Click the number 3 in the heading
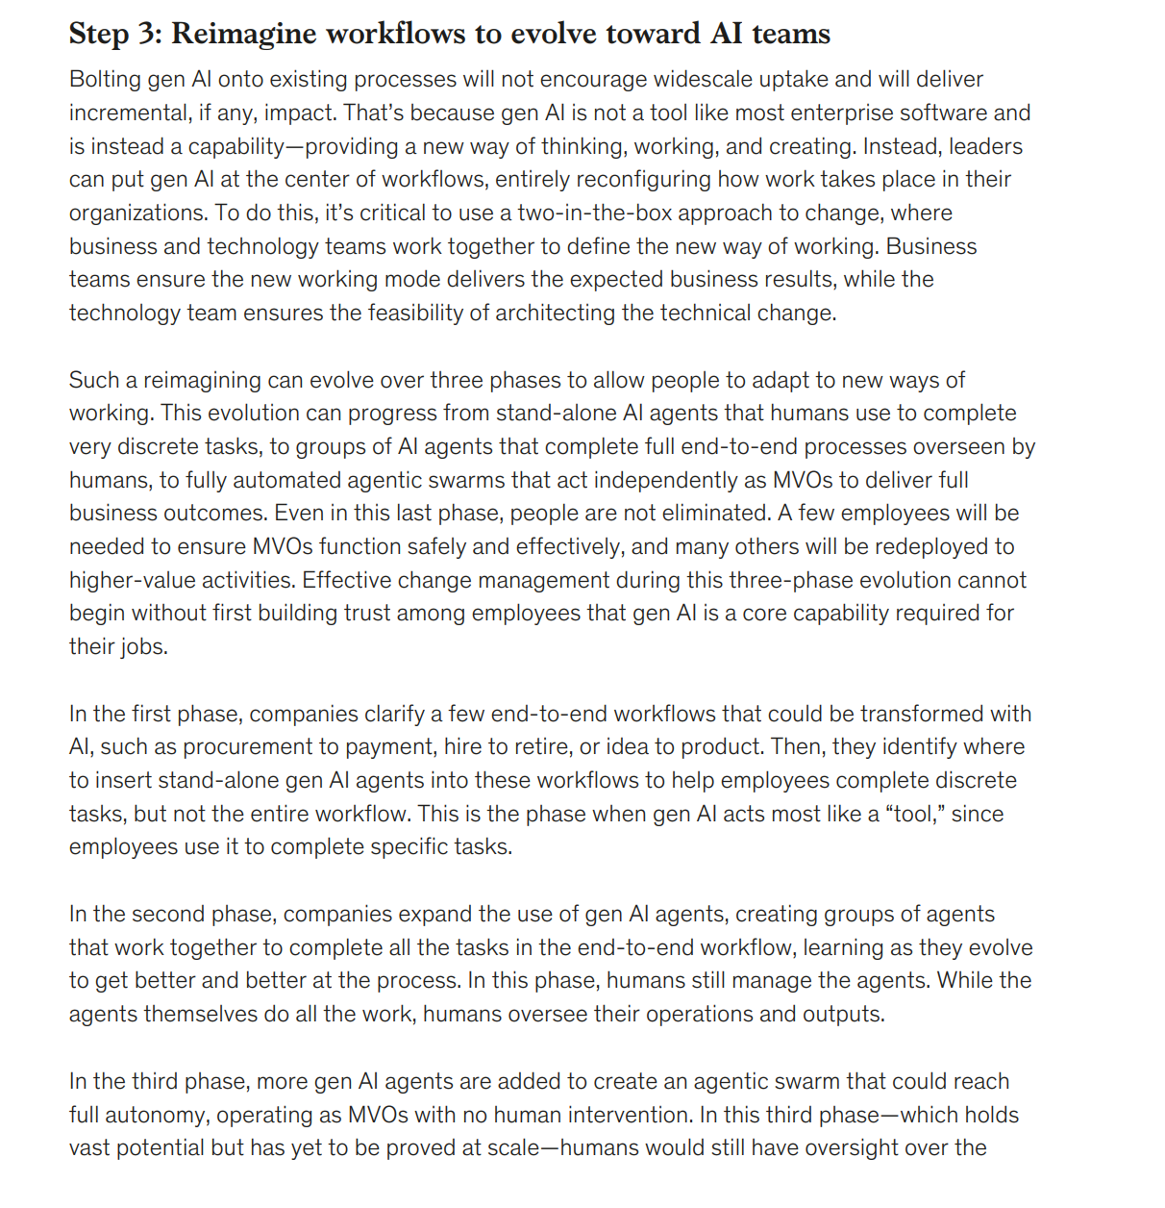point(149,34)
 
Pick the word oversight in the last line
point(854,1148)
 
